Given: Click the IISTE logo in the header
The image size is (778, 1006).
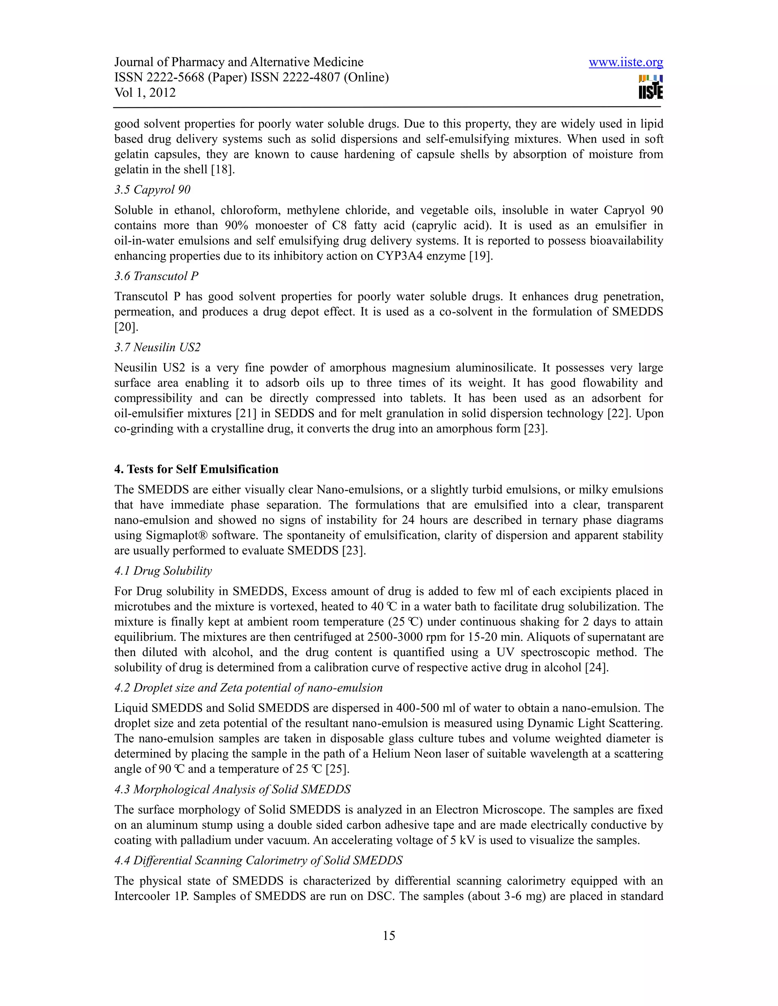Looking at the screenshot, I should point(650,87).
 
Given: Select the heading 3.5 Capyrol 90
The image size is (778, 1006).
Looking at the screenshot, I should point(152,190).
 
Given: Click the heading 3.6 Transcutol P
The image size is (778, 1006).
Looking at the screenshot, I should point(156,276).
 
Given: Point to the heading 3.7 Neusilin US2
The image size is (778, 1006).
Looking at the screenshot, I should point(158,347).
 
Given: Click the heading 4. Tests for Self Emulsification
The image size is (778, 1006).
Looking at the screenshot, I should point(196,469).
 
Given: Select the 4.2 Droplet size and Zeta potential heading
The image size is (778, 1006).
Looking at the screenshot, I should point(248,688).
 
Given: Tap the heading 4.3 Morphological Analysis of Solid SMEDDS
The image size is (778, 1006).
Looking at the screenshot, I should point(232,790).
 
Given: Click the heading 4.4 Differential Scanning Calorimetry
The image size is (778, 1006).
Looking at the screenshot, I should point(258,861).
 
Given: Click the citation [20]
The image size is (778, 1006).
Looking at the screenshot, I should point(126,327).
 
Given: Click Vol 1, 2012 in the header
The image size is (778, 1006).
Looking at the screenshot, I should point(145,93).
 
